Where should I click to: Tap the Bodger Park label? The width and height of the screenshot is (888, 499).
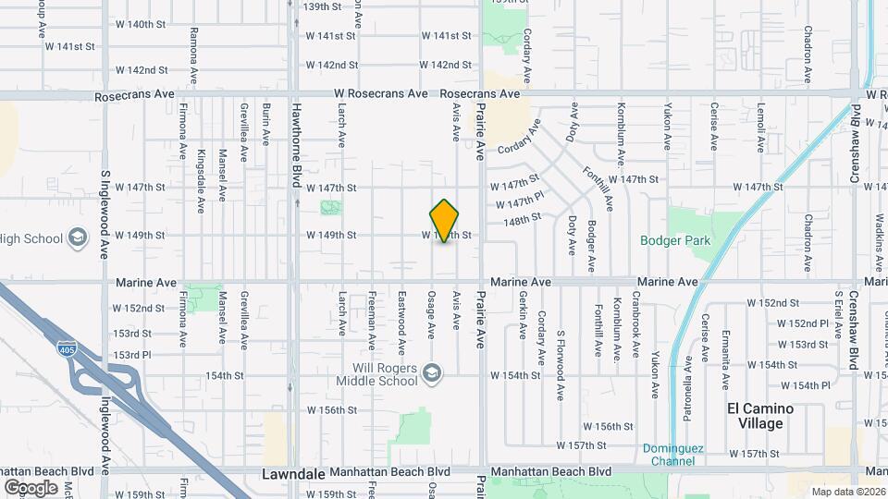(675, 241)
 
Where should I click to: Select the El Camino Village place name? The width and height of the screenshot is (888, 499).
(760, 416)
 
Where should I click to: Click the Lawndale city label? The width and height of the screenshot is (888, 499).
(293, 473)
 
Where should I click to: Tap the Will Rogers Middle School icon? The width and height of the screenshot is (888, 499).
(430, 373)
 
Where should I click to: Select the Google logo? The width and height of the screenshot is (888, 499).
(31, 487)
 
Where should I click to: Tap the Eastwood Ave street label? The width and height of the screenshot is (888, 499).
(402, 324)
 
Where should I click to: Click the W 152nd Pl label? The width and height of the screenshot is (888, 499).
(802, 323)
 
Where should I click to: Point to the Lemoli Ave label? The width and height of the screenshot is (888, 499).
(760, 127)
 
